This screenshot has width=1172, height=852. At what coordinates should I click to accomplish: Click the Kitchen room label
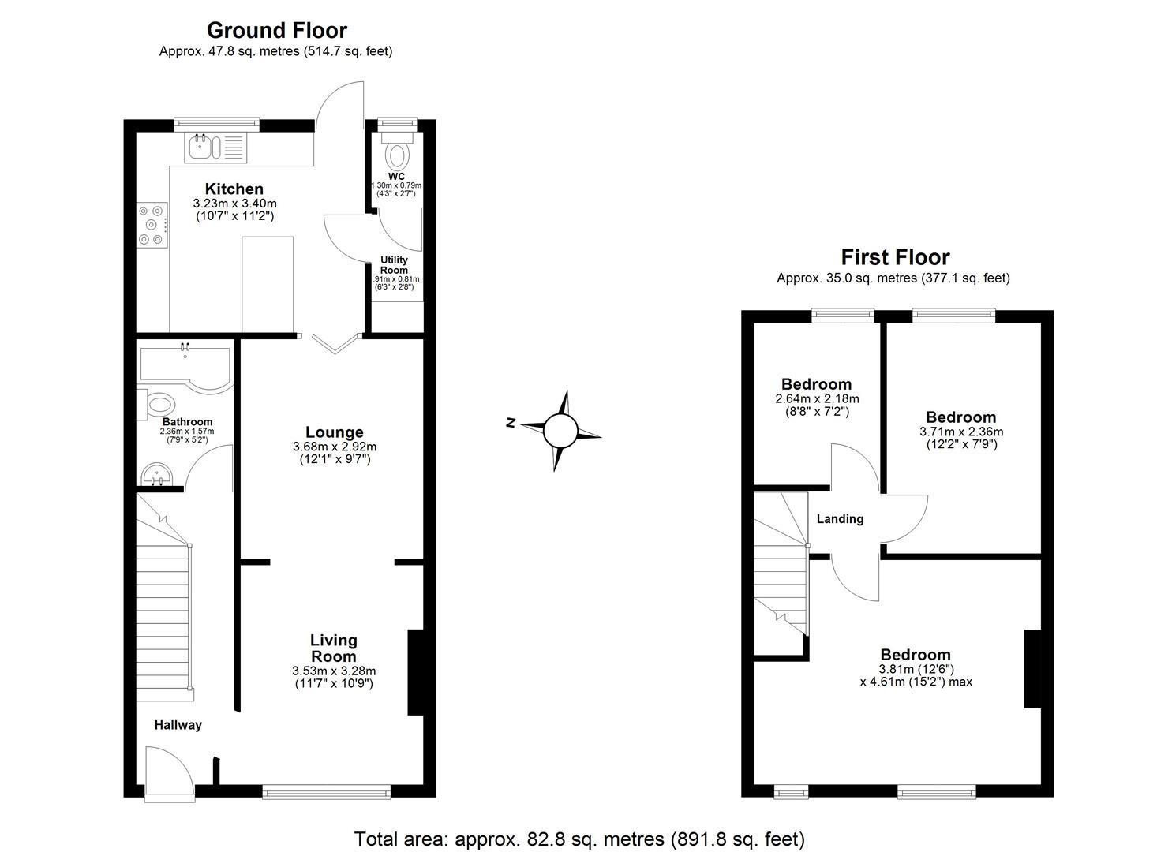[234, 189]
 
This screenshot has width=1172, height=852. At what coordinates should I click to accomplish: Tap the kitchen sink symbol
[202, 147]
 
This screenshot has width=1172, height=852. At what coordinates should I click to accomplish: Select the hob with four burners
[152, 225]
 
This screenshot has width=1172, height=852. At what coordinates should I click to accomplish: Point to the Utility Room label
[395, 265]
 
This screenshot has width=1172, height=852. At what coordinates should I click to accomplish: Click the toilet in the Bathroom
[157, 405]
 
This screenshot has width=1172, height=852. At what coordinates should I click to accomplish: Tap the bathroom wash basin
[158, 476]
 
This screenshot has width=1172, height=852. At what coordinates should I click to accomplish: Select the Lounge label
[335, 432]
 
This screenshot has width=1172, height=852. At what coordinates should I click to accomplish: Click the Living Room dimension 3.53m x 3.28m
[333, 671]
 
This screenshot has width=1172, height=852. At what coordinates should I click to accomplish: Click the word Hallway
[178, 725]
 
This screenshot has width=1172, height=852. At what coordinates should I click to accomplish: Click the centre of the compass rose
[561, 432]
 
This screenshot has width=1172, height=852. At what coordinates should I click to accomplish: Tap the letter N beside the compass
[511, 424]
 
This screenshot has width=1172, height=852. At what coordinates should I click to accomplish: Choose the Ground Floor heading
[276, 31]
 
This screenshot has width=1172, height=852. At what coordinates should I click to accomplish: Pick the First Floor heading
[895, 257]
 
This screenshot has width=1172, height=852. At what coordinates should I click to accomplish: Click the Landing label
[840, 519]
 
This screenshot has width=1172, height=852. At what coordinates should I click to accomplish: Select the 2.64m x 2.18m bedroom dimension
[817, 399]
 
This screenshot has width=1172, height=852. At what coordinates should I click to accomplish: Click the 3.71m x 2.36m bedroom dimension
[960, 432]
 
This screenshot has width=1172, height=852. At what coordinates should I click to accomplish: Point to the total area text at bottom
[579, 839]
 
